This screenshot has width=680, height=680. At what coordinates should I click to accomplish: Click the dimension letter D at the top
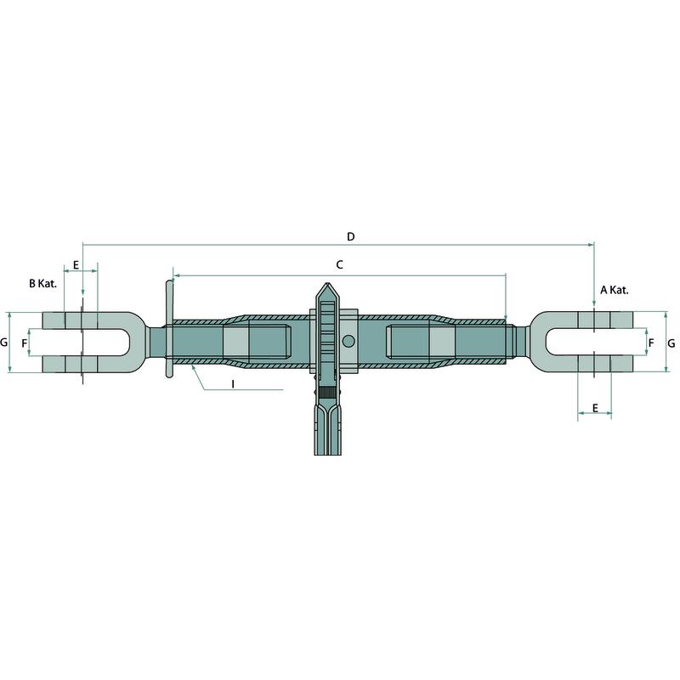click(x=351, y=237)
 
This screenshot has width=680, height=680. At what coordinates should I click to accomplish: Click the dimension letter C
click(x=339, y=264)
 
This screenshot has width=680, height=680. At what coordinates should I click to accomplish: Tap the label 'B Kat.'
click(x=43, y=284)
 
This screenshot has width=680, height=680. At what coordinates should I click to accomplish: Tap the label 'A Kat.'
click(x=615, y=290)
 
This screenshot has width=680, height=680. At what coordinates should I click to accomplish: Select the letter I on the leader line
click(x=233, y=384)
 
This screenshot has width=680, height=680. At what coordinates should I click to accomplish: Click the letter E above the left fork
click(x=76, y=265)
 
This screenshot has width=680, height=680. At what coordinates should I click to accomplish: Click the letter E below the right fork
click(x=595, y=408)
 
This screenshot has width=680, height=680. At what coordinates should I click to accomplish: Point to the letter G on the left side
click(x=4, y=343)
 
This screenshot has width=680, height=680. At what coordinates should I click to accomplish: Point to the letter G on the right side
click(x=671, y=343)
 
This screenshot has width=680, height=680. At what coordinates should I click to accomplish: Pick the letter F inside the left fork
click(x=25, y=343)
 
